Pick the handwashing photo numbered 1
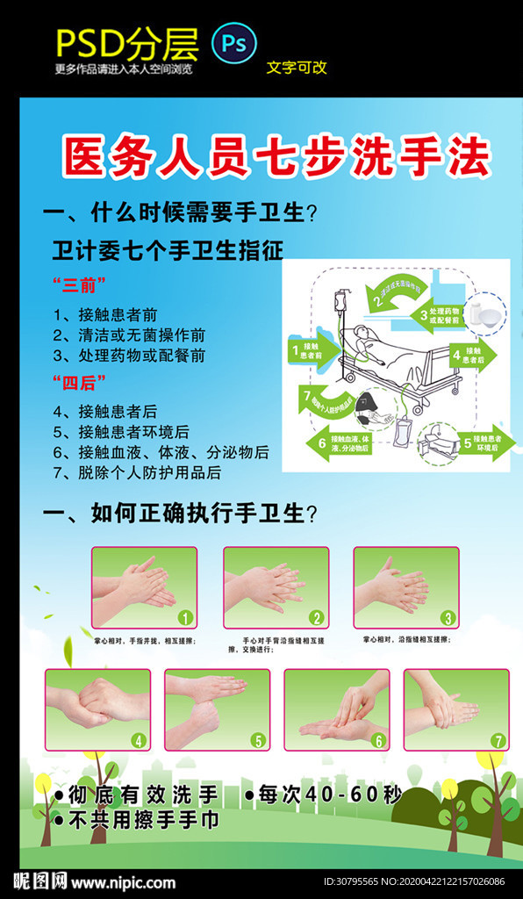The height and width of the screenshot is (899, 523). tap(144, 586)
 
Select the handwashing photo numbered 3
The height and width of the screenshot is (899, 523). tap(405, 586)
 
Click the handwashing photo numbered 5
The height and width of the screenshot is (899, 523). tap(217, 709)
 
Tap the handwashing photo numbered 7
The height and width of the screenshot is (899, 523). tap(455, 709)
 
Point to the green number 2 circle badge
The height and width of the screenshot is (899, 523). tap(316, 617)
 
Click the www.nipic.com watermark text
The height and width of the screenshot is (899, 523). tap(123, 882)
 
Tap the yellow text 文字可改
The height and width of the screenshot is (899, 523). tap(297, 67)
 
